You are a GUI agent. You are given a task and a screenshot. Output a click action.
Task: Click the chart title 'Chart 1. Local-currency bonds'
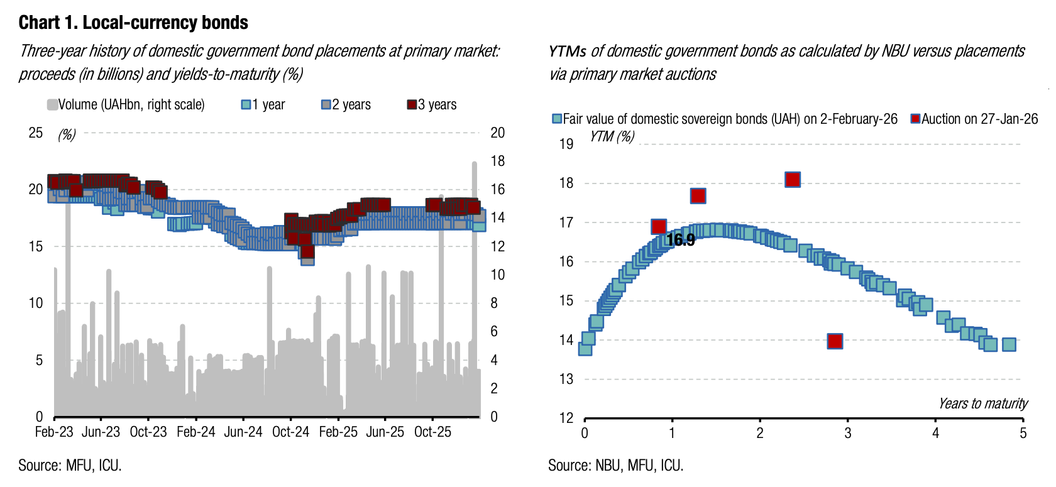133,23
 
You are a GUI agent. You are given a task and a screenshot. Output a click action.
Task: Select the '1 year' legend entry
263,105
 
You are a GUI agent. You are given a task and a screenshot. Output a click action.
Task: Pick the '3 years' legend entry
432,105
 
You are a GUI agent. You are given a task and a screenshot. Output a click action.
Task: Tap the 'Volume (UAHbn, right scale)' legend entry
126,105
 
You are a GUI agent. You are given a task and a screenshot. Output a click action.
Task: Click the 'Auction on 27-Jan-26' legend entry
974,119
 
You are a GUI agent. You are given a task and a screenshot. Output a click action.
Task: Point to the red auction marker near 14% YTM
835,341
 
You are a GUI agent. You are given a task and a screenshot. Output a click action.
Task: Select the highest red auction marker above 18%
793,180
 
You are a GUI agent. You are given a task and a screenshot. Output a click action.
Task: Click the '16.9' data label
681,240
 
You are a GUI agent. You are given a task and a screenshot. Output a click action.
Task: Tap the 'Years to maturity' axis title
983,403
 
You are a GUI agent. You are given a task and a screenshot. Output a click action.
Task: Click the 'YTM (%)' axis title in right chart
612,136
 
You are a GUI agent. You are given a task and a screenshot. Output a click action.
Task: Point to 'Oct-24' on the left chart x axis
290,432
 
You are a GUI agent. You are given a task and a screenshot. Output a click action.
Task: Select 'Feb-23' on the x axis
54,432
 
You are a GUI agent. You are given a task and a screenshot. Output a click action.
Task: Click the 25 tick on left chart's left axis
36,133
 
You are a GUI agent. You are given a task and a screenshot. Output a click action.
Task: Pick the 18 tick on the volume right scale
497,161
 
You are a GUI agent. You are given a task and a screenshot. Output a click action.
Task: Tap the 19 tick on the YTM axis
566,144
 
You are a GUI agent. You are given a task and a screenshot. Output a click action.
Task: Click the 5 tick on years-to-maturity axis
1023,433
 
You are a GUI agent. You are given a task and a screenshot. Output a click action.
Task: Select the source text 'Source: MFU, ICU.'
70,466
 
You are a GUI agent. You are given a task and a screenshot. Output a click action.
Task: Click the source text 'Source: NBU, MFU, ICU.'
615,466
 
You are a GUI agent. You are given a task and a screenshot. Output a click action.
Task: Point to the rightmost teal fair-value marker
1009,344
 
